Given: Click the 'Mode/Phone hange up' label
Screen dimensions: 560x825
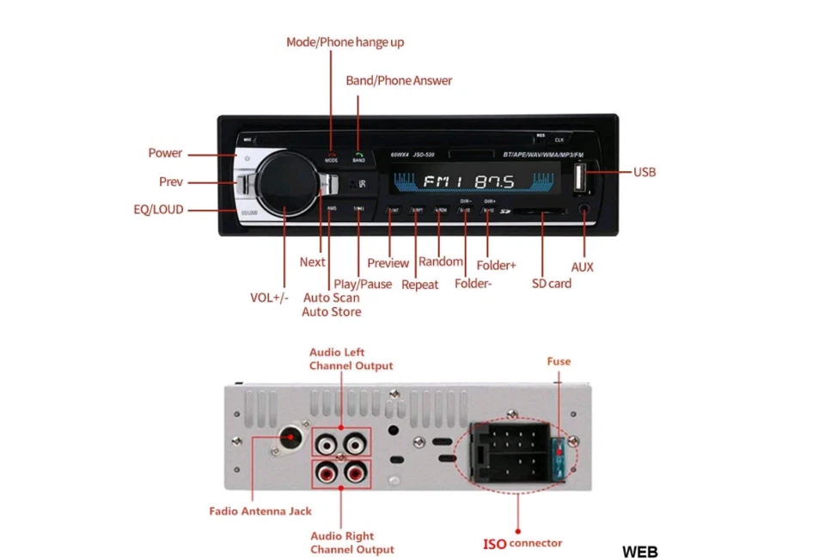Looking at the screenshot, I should tap(345, 42).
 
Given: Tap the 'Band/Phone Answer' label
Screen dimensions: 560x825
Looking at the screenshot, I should tap(399, 81).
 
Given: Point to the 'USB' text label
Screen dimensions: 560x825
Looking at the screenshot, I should tap(645, 172).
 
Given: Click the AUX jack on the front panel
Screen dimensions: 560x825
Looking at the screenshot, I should tap(584, 208).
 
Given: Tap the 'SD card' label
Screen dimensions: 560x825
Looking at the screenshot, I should tap(551, 283).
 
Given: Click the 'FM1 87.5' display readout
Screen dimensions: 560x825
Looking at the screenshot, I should tap(468, 182).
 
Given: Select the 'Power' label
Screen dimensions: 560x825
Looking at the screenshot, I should tap(165, 153).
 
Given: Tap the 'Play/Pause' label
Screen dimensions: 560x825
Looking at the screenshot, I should tap(362, 284).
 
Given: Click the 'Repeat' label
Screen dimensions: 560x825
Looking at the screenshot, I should tap(419, 285).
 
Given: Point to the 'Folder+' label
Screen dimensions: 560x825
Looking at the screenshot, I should tap(496, 266).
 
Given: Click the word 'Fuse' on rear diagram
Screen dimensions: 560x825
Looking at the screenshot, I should tap(559, 361).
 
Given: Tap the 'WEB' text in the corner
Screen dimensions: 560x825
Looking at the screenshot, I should tap(640, 551).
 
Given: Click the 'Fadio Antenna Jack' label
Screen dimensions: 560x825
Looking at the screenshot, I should tap(260, 511).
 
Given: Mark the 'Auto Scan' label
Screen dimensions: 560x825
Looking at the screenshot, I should tap(331, 298).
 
